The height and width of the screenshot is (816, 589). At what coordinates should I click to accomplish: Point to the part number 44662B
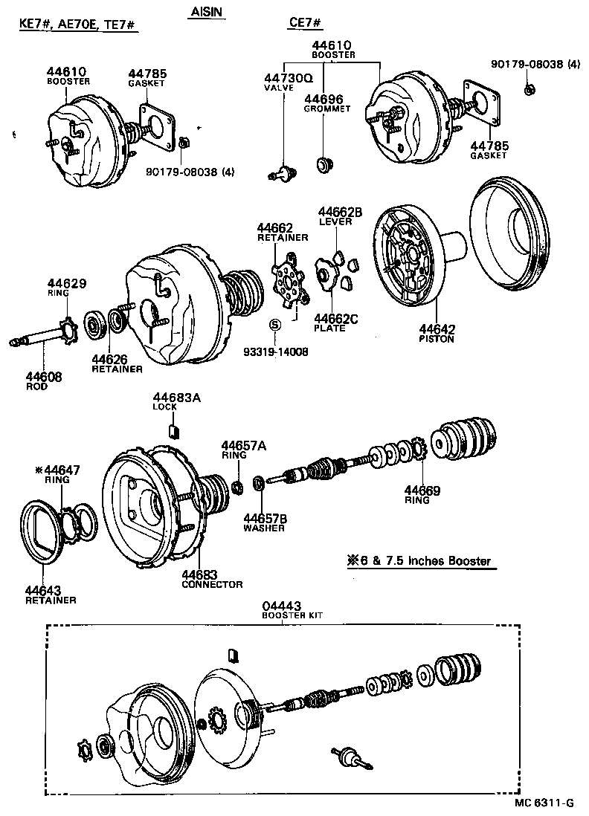(x=340, y=212)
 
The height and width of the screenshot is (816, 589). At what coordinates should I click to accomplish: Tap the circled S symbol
(x=274, y=324)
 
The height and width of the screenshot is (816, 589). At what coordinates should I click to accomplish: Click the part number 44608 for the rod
(x=44, y=377)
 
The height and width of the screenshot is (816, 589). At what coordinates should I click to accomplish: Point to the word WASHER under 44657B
(x=264, y=528)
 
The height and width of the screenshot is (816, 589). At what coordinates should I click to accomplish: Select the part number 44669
(x=422, y=490)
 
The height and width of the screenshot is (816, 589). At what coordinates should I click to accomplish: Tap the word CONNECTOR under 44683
(x=212, y=585)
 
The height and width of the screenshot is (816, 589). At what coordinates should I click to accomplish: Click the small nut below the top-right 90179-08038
(x=528, y=90)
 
